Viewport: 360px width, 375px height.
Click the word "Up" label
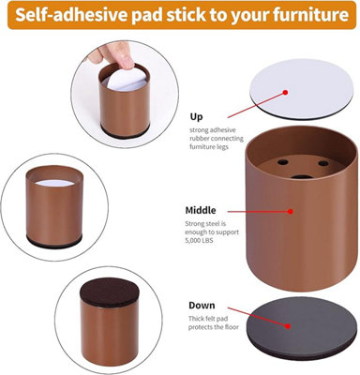[196, 117]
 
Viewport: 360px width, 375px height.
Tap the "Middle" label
[201, 210]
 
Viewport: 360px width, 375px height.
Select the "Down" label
[202, 305]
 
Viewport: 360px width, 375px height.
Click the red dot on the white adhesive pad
[285, 93]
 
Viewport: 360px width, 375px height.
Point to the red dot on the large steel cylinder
[291, 211]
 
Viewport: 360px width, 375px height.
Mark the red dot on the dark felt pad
[288, 326]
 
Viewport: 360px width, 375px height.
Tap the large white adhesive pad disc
[303, 89]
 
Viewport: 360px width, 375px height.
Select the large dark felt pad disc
[302, 328]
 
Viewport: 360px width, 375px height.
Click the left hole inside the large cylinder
[283, 162]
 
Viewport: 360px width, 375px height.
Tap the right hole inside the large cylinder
[323, 163]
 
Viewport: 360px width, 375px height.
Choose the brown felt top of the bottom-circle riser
[109, 293]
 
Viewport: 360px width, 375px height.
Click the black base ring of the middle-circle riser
[54, 241]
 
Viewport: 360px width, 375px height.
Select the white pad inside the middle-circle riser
[54, 183]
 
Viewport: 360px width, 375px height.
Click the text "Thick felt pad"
[208, 319]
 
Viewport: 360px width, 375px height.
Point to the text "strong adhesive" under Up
[213, 130]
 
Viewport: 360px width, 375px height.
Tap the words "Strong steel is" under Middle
[205, 224]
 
